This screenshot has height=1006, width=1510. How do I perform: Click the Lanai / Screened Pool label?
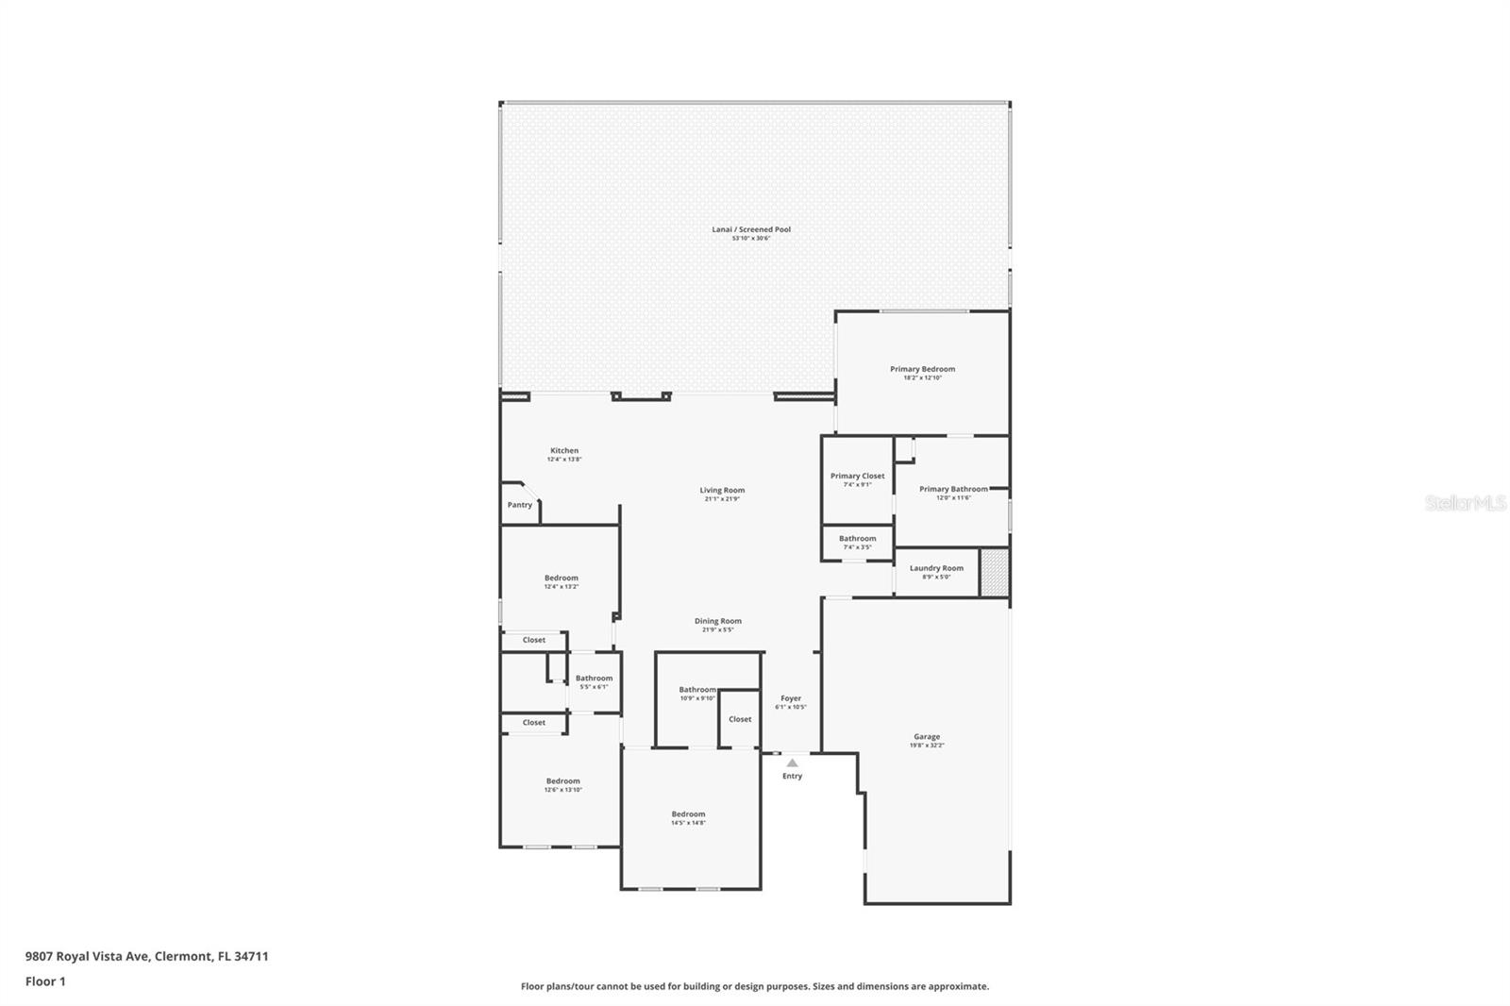pos(751,229)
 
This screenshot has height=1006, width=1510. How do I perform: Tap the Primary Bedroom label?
pos(922,369)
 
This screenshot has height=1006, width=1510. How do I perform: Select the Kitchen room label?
pos(564,451)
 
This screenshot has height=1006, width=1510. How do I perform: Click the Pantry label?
pos(520,505)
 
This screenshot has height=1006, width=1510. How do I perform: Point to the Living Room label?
pos(722,491)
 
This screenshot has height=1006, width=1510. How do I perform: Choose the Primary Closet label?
pos(857,477)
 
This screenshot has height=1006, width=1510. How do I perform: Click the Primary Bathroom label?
pos(953,490)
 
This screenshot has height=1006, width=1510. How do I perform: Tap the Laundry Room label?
pos(936,568)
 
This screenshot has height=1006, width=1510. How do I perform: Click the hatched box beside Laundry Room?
pos(994,572)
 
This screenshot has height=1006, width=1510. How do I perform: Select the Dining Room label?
pos(718,621)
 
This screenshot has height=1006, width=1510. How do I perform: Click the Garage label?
pos(926,737)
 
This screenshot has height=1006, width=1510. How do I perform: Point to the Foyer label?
pos(791,699)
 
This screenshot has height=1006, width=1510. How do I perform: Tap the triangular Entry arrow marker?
pos(792,763)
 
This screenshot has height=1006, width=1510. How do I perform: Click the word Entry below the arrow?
pos(792,777)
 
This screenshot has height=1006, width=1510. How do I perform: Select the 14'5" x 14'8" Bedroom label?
pos(688,814)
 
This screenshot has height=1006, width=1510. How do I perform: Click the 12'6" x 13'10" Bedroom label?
pos(562,781)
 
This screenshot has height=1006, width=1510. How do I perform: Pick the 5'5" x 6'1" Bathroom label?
pos(594,679)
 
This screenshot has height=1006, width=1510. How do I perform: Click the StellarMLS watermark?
pos(1465,504)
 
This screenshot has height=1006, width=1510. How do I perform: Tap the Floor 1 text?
pos(45,981)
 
